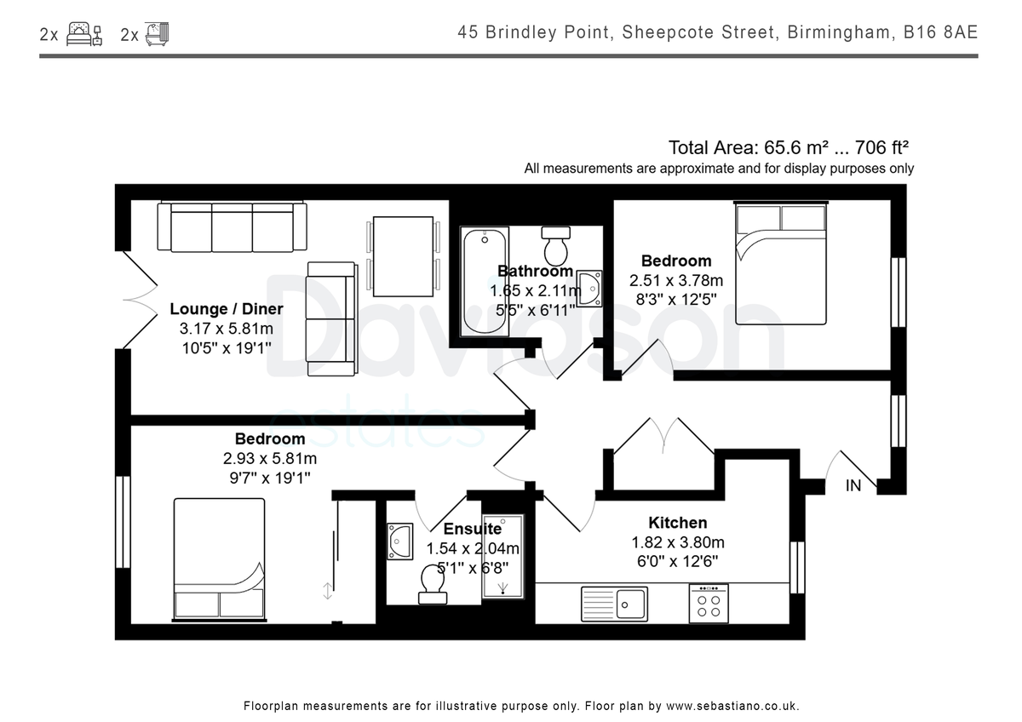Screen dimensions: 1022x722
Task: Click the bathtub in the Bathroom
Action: click(x=484, y=282)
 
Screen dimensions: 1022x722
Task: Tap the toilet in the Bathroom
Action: click(x=555, y=246)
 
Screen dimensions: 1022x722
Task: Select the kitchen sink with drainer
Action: click(x=614, y=604)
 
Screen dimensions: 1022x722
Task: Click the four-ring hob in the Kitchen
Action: click(x=709, y=604)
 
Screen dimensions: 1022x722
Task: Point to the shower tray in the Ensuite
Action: click(x=502, y=557)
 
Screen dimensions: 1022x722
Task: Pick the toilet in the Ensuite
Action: click(x=433, y=585)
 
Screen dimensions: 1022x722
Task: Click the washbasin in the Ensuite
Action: click(x=399, y=541)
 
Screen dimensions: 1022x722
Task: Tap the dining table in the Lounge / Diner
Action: click(x=403, y=256)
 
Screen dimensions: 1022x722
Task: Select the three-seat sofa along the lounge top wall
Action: click(x=232, y=226)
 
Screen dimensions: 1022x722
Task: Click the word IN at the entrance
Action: click(x=853, y=486)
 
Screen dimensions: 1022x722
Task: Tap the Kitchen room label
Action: click(x=678, y=523)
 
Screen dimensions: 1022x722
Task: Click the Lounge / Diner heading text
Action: click(x=227, y=309)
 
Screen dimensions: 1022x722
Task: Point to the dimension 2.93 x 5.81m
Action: click(x=270, y=458)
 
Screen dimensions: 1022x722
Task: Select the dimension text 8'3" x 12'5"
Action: click(x=676, y=300)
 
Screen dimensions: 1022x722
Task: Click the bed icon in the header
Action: click(x=84, y=34)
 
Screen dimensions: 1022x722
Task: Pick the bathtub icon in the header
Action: click(x=157, y=34)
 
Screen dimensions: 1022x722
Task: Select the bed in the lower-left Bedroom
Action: click(x=219, y=559)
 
